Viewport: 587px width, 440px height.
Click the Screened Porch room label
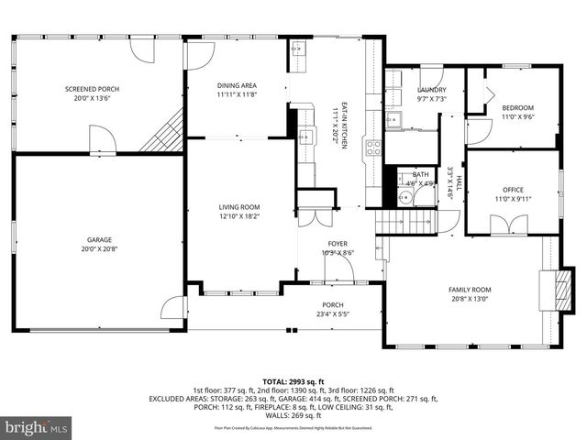click(92, 89)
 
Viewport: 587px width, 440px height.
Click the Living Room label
click(238, 207)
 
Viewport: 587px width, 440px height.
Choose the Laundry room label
click(431, 90)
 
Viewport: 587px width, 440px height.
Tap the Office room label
click(512, 190)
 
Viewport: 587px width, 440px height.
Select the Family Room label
click(469, 288)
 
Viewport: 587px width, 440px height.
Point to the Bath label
click(420, 174)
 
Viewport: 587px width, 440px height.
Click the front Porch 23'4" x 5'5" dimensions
click(332, 314)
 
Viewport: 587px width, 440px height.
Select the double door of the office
click(509, 225)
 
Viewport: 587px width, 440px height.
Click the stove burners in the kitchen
click(374, 148)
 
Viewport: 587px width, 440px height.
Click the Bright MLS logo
click(36, 427)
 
